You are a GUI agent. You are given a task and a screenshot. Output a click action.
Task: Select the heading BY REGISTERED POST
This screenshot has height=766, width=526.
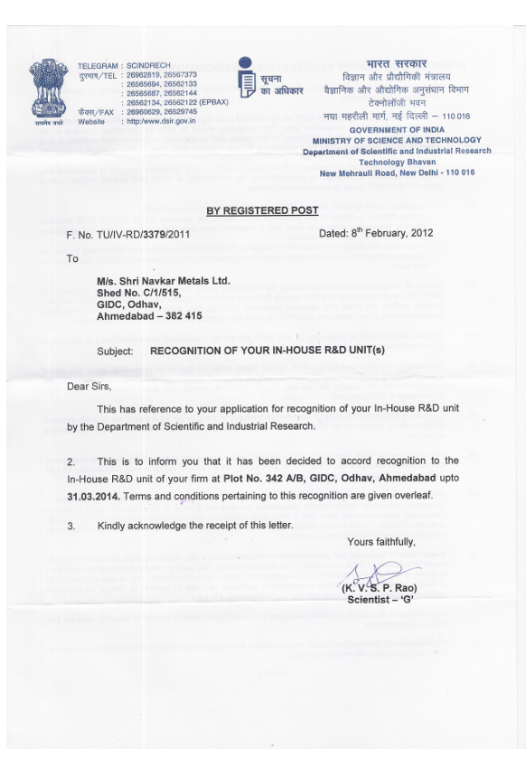(x=262, y=210)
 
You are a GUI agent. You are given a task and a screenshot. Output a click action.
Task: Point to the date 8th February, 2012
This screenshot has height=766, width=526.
(x=376, y=233)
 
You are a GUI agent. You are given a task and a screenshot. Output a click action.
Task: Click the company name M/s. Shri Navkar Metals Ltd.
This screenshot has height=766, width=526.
(x=163, y=281)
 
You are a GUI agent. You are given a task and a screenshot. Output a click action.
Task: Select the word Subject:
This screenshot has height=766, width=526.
(x=116, y=350)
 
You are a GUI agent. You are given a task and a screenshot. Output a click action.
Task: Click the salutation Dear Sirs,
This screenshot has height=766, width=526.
(x=89, y=387)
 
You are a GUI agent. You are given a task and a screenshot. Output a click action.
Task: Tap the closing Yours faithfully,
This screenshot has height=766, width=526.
(x=381, y=542)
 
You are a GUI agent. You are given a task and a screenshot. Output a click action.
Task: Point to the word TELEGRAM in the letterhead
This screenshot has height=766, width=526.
(x=98, y=67)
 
